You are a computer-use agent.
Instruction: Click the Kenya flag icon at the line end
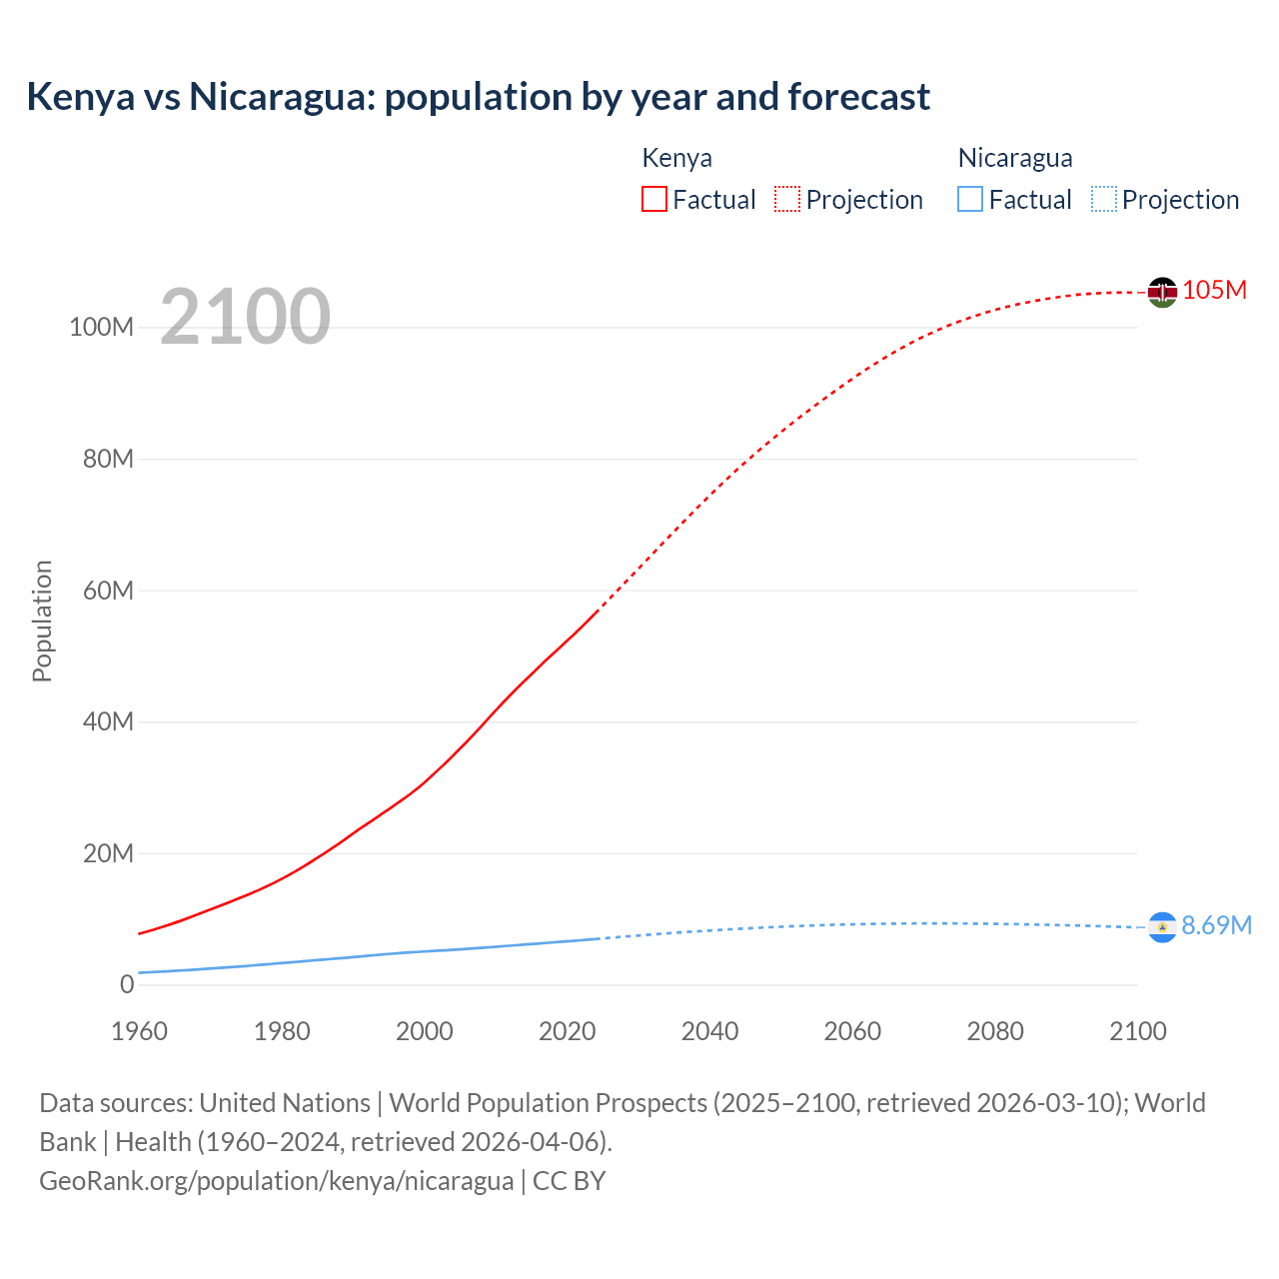coord(1162,292)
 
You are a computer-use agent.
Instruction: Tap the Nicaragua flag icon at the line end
coord(1162,927)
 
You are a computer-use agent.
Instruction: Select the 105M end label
coord(1214,290)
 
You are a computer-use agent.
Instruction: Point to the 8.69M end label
coord(1216,925)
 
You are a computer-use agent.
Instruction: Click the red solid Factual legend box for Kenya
coord(653,199)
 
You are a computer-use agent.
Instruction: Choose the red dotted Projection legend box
coord(787,199)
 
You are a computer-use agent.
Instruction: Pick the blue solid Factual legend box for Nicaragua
coord(969,199)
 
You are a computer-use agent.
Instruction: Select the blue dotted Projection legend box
coord(1103,199)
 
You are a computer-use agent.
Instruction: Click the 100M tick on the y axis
coord(101,327)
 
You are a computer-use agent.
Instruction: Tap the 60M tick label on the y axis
coord(107,590)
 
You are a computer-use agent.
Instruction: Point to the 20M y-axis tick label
coord(107,853)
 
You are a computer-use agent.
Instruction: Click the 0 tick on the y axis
coord(126,984)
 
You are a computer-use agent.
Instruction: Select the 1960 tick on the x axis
coord(139,1031)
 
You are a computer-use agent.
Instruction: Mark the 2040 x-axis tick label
coord(709,1031)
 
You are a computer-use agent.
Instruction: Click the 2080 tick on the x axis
coord(995,1031)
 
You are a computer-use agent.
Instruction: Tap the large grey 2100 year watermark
coord(245,316)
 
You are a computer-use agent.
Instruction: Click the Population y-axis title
coord(42,621)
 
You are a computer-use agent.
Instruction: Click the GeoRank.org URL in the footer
coord(276,1180)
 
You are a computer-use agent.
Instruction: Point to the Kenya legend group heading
coord(676,158)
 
